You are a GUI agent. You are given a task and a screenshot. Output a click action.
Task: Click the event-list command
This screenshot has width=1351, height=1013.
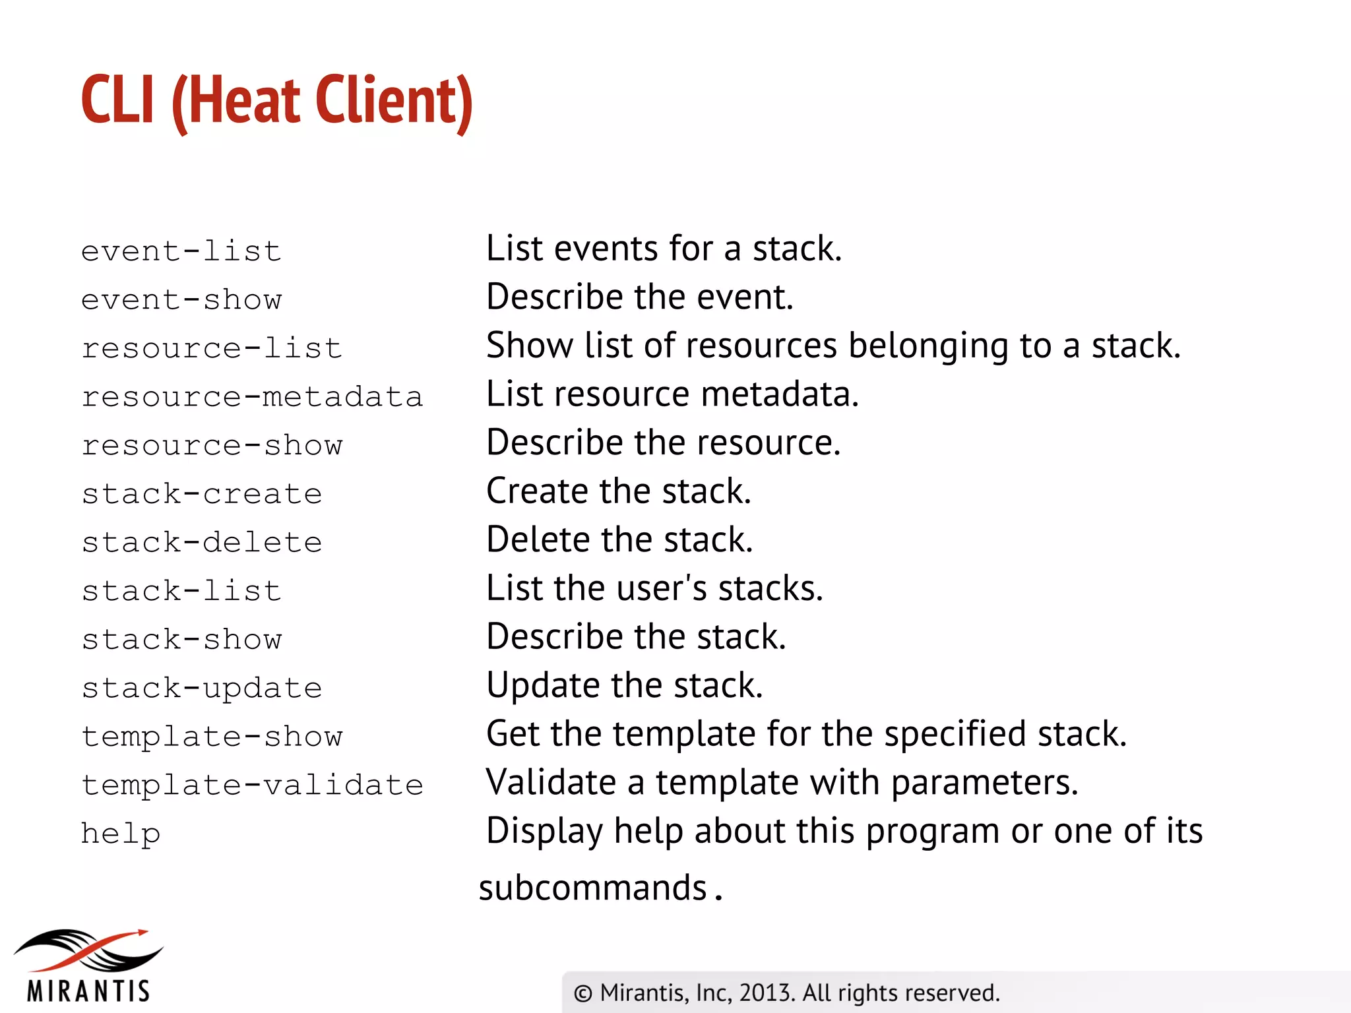point(181,251)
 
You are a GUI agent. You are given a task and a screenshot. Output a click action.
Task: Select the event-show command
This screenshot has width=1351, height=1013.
point(181,300)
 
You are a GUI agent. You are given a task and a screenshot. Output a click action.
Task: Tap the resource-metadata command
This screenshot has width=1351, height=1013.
point(252,397)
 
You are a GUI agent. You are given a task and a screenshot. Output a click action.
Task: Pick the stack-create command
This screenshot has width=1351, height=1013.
point(202,494)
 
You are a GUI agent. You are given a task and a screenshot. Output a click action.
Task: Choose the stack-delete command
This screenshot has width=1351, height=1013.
point(202,543)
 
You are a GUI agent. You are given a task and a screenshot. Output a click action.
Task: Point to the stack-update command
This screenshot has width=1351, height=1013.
point(202,688)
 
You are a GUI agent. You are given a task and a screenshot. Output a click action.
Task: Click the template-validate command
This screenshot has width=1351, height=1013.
point(252,785)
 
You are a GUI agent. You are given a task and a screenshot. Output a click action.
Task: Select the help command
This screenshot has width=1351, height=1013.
point(121,834)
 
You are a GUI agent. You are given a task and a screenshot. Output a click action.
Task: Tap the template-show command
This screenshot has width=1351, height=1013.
point(212,737)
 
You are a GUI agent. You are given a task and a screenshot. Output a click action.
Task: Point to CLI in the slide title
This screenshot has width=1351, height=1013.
point(118,100)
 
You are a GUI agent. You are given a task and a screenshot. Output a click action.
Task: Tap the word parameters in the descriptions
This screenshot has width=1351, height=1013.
point(984,783)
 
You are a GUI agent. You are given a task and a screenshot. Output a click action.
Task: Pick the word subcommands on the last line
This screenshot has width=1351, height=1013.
point(593,888)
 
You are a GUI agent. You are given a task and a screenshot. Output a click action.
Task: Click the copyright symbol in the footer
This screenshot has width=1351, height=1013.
point(582,993)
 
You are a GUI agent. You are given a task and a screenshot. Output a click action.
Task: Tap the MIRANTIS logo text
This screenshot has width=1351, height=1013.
point(88,991)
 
